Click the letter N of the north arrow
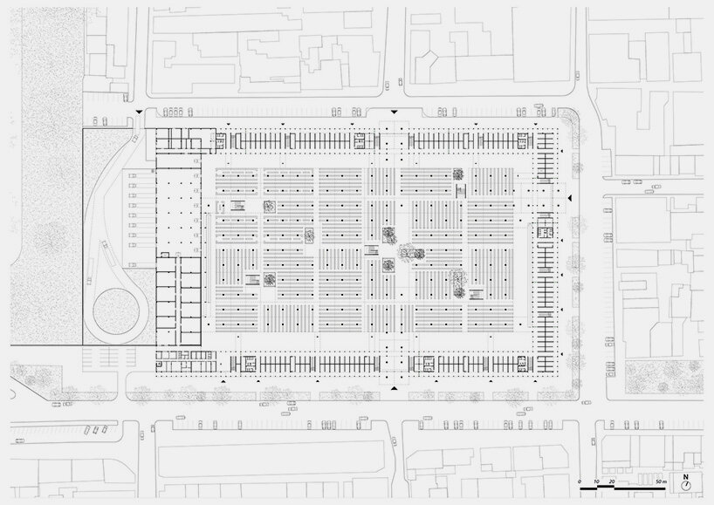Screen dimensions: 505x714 coord(687,477)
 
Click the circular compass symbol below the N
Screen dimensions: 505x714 coord(687,487)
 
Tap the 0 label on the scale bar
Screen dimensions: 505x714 coord(579,481)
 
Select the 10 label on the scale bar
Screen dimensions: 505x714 coord(594,481)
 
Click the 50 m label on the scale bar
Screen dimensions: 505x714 coord(661,481)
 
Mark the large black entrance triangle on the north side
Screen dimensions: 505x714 coord(395,112)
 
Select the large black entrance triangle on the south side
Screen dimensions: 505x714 coord(395,386)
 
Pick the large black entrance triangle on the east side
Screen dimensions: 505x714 coord(568,201)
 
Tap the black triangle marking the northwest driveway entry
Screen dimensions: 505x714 coord(138,112)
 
